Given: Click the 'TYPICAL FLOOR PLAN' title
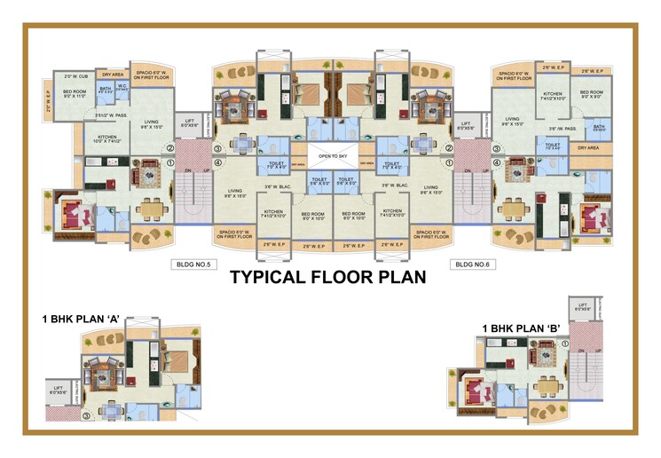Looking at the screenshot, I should [x=328, y=277].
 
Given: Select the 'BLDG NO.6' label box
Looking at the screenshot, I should [x=469, y=264].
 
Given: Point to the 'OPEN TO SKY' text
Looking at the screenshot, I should [x=330, y=154].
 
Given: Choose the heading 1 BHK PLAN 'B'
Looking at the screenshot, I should [x=523, y=328].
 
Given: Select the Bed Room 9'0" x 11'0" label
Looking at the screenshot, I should [x=75, y=93].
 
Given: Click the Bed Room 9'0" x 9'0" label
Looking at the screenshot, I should [x=593, y=93].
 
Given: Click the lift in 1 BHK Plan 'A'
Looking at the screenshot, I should [x=59, y=388].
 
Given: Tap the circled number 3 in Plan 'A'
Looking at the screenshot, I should [x=87, y=415].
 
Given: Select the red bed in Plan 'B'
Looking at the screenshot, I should [x=474, y=391].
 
